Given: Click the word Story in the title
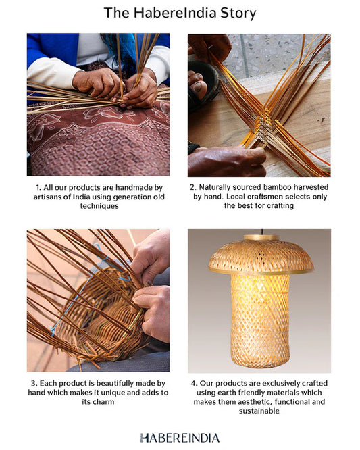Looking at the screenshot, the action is [238, 14].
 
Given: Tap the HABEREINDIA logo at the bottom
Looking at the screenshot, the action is [180, 438].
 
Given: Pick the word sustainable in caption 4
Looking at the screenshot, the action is [259, 411].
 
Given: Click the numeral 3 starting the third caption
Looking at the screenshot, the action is [34, 383].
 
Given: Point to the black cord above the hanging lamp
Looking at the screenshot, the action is [261, 232].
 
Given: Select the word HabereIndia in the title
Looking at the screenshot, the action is [175, 14].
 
